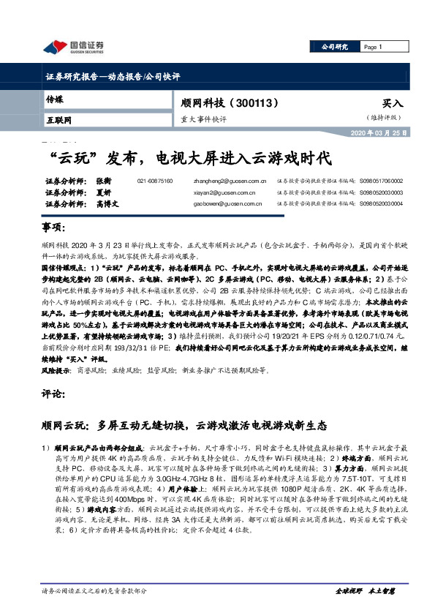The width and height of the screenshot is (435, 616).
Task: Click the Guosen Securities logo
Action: pyautogui.click(x=73, y=48)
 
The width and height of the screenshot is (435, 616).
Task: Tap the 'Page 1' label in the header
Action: pyautogui.click(x=373, y=47)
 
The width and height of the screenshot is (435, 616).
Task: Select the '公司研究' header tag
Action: pyautogui.click(x=335, y=47)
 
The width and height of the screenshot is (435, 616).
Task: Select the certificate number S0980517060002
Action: pyautogui.click(x=381, y=181)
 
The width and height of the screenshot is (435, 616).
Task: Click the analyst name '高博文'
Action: pyautogui.click(x=106, y=204)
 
